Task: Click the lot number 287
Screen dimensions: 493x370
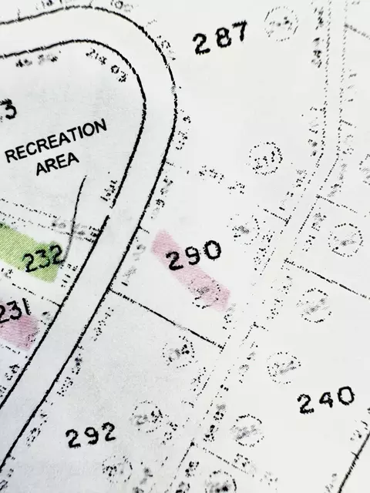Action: (220, 38)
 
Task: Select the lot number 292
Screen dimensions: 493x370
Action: (90, 436)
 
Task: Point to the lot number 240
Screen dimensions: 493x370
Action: (327, 400)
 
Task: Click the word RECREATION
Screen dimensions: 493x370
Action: (56, 140)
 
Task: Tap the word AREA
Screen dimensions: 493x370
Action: (59, 164)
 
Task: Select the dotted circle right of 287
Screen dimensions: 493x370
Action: (281, 22)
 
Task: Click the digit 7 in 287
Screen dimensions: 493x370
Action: (240, 32)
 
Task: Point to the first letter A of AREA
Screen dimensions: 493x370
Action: (42, 169)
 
